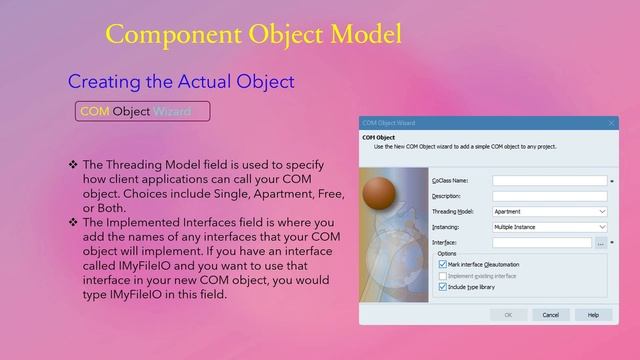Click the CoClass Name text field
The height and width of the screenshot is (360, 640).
coord(549,181)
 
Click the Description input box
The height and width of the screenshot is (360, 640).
coord(549,196)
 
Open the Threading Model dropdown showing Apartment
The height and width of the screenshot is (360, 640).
coord(549,212)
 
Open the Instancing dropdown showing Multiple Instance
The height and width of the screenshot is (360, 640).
coord(549,227)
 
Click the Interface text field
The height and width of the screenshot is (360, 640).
coord(542,243)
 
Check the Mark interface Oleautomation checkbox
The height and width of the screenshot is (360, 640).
coord(442,265)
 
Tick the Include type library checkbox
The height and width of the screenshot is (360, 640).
coord(442,286)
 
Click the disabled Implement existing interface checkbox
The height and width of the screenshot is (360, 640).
coord(442,275)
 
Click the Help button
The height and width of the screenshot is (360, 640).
coord(593,314)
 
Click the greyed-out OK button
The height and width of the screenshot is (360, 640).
coord(508,314)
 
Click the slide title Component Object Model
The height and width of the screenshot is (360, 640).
coord(253,34)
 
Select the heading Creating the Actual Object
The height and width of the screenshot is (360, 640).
coord(180,80)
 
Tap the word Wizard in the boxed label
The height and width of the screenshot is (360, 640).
coord(172,111)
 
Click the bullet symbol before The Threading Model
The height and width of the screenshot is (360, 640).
coord(72,164)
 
